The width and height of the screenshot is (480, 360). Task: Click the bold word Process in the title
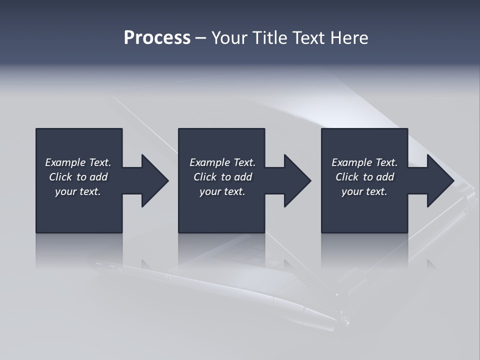click(157, 38)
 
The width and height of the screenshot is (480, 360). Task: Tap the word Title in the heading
click(270, 38)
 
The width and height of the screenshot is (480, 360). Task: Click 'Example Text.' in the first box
click(78, 162)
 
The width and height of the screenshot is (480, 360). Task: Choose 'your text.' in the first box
click(78, 191)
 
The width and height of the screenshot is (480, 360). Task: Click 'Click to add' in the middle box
click(222, 177)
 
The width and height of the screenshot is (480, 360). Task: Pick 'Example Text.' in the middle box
click(222, 162)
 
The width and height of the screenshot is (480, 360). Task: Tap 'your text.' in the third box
click(364, 191)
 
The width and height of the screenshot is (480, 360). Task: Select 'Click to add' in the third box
click(364, 177)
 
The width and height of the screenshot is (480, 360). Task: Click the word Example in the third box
click(352, 162)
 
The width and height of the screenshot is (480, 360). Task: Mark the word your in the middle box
click(210, 192)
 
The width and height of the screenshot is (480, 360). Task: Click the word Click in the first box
click(60, 177)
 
